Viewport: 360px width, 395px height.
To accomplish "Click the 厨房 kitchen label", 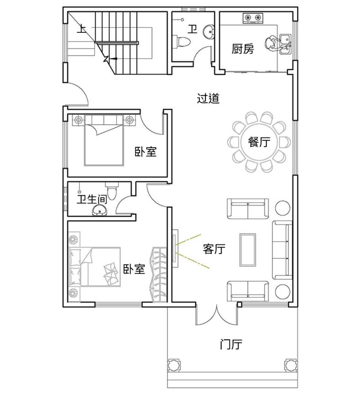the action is [243, 49].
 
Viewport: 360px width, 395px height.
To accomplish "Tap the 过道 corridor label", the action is [208, 98].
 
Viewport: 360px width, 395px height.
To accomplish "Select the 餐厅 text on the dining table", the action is [259, 142].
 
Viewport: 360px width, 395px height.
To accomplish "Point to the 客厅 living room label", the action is [214, 249].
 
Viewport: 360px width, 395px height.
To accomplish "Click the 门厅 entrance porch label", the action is [231, 344].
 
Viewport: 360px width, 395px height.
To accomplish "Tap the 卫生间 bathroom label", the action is [92, 199].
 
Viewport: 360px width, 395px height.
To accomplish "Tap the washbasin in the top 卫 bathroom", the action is [209, 32].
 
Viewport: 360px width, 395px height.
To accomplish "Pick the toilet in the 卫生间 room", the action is [112, 191].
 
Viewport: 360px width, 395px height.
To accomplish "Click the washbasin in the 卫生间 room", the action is [100, 211].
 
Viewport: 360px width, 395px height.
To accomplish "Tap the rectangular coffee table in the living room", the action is [248, 250].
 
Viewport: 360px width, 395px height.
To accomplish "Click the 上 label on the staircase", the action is [81, 28].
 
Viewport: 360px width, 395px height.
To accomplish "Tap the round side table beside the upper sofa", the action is [282, 208].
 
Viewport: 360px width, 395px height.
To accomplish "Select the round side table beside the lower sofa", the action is [282, 292].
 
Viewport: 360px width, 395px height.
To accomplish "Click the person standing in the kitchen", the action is [272, 43].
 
